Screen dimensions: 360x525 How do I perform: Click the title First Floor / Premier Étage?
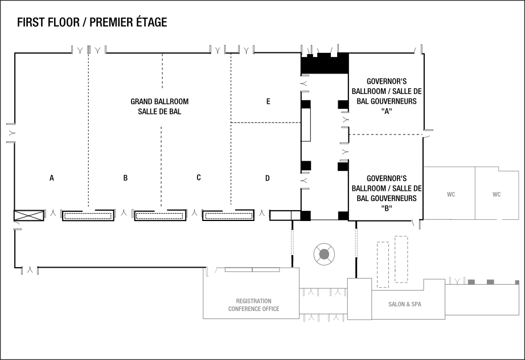coord(92,22)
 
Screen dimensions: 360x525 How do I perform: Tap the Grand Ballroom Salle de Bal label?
coord(159,107)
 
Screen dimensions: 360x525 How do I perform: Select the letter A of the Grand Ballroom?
coord(52,178)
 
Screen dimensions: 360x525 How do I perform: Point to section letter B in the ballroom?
coord(125,178)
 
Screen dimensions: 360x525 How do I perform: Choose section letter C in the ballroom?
coord(199,178)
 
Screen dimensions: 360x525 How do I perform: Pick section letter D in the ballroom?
coord(268,178)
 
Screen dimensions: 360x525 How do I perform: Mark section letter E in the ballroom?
coord(268,101)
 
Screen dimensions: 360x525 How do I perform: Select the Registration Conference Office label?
coord(254,305)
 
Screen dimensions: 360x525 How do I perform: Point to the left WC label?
coord(451,194)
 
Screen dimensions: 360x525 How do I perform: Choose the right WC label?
coord(497,194)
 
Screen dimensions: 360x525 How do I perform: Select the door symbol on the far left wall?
coord(10,133)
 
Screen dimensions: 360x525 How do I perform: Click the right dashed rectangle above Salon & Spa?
coord(402,259)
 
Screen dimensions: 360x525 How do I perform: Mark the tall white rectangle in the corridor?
coord(306,124)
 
